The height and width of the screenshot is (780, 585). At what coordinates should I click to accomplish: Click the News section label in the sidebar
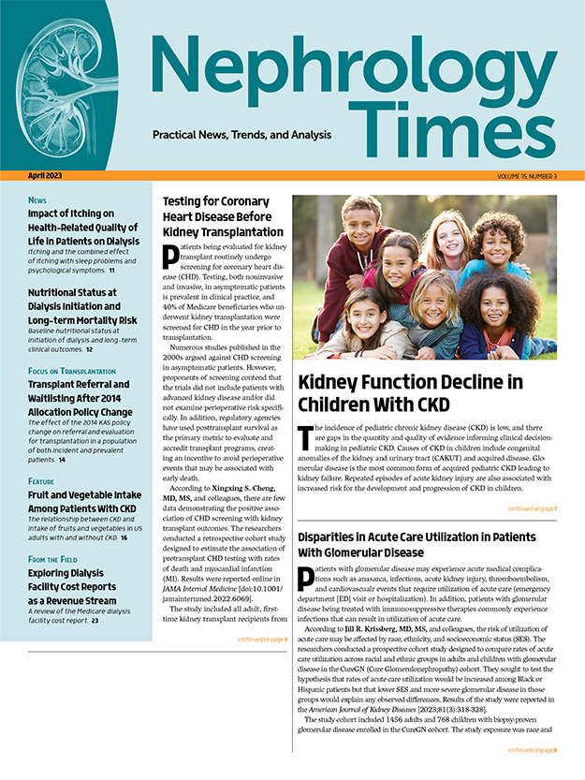click(37, 200)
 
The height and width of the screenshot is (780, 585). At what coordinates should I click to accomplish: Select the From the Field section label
click(55, 559)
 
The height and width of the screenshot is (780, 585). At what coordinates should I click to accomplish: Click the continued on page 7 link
click(532, 509)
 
